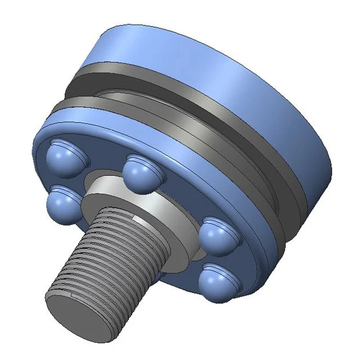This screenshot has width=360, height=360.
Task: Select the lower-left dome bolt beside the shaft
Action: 62,202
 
